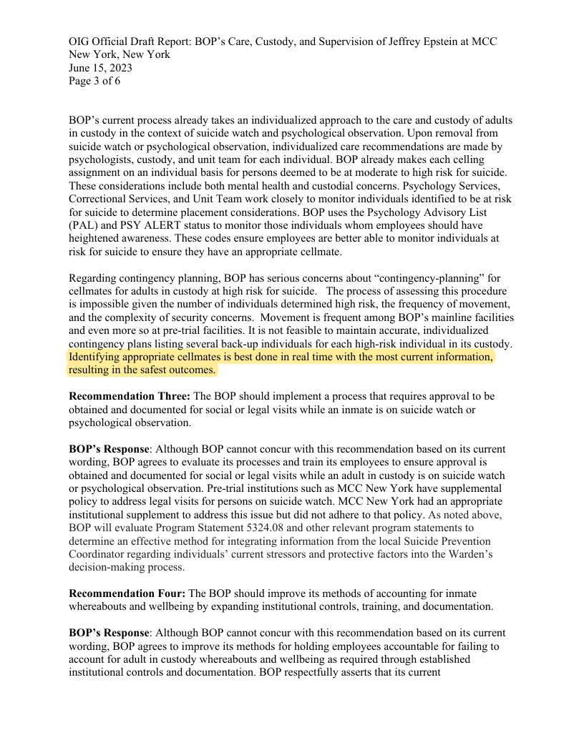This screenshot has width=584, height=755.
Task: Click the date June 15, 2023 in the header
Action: (x=100, y=68)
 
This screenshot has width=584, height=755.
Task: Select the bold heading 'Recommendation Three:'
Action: (x=130, y=396)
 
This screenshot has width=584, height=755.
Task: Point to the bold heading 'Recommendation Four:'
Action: (x=127, y=593)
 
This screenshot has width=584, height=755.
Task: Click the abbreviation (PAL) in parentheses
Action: (x=85, y=225)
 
